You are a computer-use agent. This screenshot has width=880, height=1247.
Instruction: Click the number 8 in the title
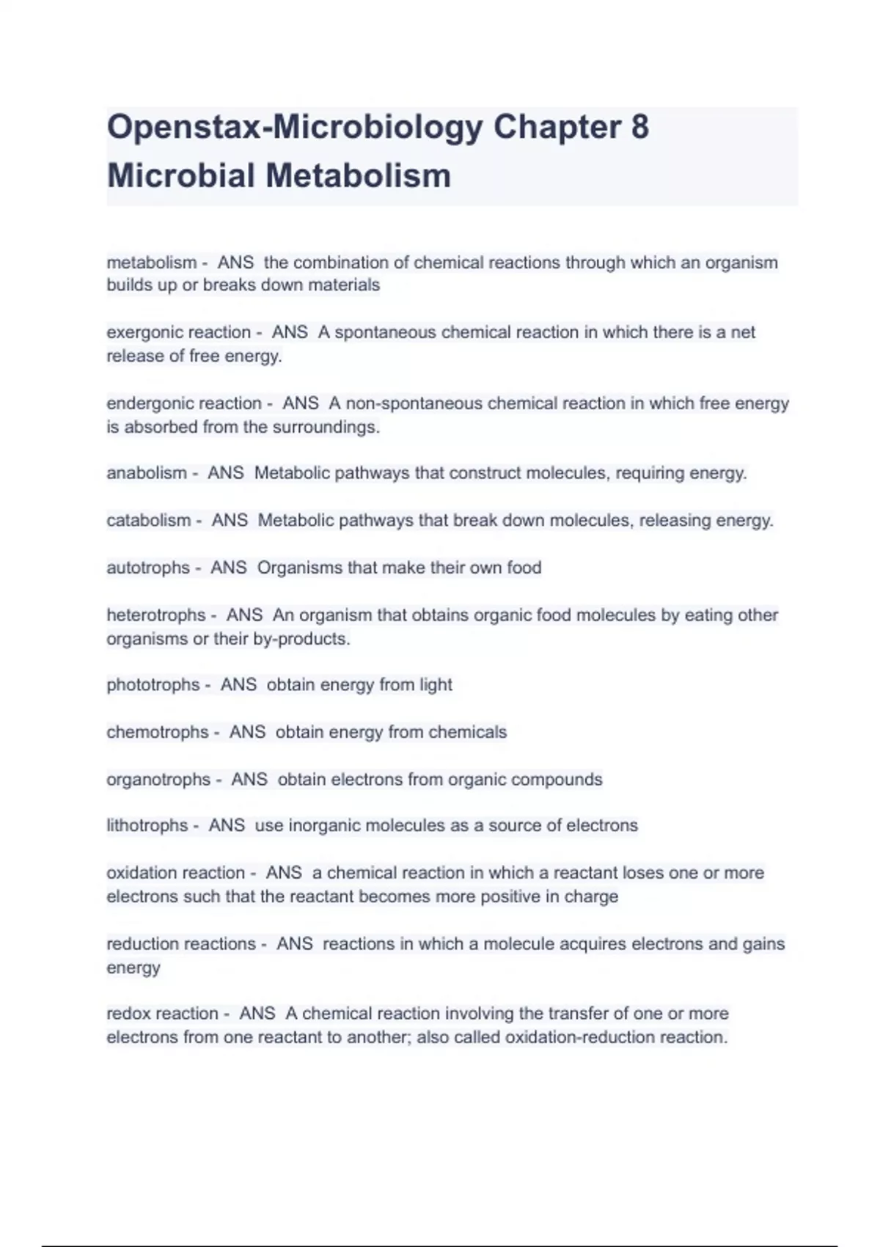tap(639, 127)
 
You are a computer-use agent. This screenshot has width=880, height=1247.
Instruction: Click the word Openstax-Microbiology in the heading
tap(295, 127)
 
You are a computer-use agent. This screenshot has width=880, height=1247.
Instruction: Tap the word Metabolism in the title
tap(358, 176)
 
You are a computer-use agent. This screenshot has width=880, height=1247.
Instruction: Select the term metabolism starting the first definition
tap(152, 263)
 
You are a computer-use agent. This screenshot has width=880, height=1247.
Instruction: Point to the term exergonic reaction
tap(179, 332)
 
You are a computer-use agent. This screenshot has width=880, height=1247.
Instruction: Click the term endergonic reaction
tap(184, 403)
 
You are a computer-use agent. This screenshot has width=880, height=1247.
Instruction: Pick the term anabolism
tap(147, 473)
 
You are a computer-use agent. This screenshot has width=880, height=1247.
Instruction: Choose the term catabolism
tap(149, 521)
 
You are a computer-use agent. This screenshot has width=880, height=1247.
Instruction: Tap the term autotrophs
tap(148, 568)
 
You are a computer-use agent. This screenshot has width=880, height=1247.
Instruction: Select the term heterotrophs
tap(156, 615)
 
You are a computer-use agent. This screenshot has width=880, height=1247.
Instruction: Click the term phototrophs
tap(153, 685)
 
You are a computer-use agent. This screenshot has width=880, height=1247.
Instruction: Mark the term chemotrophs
tap(158, 732)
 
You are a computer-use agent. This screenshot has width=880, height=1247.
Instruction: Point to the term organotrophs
tap(158, 779)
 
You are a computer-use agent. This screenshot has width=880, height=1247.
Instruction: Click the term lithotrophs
tap(147, 826)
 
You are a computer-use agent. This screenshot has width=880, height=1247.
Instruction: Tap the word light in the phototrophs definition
tap(436, 685)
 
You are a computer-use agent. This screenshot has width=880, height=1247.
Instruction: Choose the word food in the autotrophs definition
tap(524, 568)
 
